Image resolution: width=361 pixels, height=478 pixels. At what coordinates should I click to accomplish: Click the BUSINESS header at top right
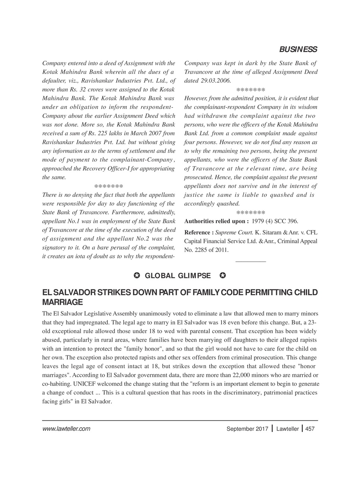298,50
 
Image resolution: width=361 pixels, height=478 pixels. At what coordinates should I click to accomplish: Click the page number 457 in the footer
310,429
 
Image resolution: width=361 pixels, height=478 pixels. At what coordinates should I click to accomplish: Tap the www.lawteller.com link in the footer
66,429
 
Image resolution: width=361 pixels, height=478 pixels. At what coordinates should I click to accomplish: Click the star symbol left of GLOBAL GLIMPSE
136,276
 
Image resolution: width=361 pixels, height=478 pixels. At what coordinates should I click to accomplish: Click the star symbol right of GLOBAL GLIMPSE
223,276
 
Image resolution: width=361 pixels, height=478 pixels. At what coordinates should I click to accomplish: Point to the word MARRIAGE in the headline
62,301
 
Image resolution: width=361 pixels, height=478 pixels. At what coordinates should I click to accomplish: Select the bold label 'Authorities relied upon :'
216,221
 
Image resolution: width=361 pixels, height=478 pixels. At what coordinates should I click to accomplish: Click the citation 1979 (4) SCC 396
275,221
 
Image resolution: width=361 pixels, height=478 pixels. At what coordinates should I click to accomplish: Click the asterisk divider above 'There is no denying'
108,186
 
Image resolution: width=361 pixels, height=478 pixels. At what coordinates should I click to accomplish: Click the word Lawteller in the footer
287,429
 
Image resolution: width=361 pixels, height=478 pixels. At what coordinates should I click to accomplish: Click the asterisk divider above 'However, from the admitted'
251,90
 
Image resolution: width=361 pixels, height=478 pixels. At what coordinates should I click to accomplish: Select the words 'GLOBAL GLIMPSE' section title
177,276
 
